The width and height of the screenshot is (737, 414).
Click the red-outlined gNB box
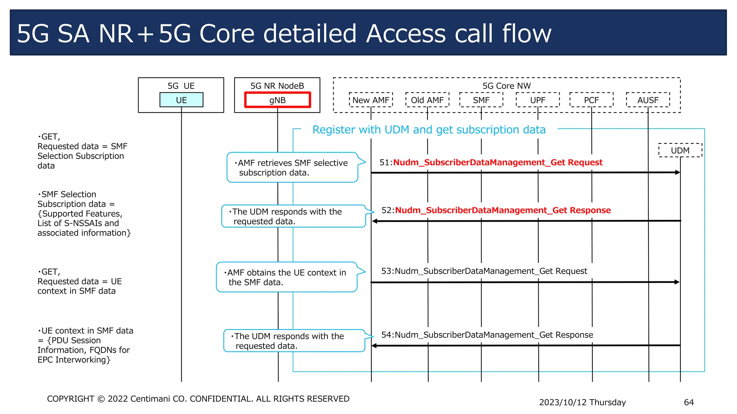pos(277,100)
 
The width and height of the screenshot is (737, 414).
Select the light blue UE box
pos(181,100)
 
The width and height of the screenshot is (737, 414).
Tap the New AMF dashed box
pos(371,100)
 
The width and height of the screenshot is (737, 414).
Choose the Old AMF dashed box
pos(427,100)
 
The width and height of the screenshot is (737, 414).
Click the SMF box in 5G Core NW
pos(481,100)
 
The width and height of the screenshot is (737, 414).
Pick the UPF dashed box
pos(538,100)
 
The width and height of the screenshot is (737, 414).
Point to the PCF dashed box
pos(591,100)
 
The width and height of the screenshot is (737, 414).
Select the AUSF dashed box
pos(648,100)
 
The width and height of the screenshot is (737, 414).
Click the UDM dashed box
pos(680,150)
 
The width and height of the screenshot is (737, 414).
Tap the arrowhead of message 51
pos(678,172)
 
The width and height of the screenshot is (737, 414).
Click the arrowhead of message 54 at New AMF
pos(374,346)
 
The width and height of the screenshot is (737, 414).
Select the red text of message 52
pos(503,210)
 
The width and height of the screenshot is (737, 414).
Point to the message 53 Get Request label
pos(484,271)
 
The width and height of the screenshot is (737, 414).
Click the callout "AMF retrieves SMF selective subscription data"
pos(292,167)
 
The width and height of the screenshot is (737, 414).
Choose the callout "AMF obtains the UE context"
pos(286,277)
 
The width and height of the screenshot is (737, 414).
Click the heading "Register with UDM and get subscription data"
pos(429,130)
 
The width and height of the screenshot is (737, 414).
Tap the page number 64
pos(688,402)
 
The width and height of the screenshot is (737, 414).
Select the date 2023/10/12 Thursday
pos(582,402)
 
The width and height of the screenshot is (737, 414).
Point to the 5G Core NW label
pos(506,86)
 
